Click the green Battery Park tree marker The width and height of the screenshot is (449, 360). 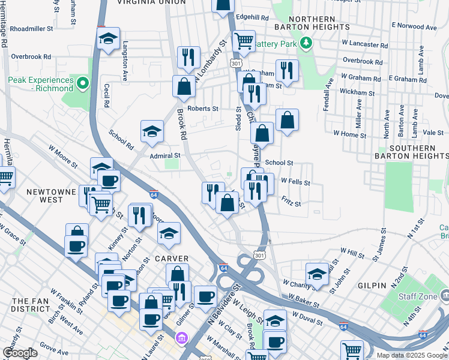click(x=307, y=43)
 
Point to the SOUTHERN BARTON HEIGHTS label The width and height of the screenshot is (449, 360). click(x=420, y=152)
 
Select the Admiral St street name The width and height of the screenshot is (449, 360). click(x=164, y=156)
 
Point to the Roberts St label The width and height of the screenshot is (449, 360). click(x=202, y=109)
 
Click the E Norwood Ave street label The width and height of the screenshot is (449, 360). click(x=414, y=26)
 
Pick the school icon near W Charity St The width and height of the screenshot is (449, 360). click(x=318, y=273)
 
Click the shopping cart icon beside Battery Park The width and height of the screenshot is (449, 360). click(x=243, y=41)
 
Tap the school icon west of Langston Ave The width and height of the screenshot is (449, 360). click(x=108, y=40)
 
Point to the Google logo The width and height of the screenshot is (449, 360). click(x=20, y=353)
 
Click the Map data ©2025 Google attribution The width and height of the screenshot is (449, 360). click(x=412, y=355)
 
